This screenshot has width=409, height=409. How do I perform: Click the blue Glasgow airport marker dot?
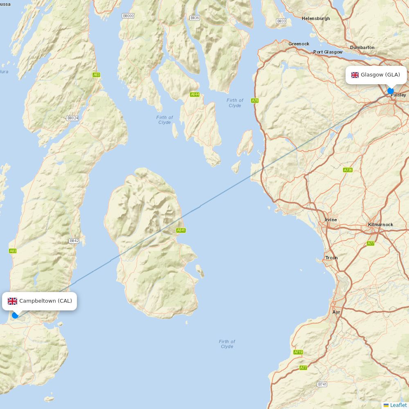pos(391,91)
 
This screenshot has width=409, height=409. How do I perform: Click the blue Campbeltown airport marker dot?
pos(15,315)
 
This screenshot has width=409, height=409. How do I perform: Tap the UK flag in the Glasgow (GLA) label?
pos(355,75)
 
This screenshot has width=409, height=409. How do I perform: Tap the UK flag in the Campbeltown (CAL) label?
pos(13,301)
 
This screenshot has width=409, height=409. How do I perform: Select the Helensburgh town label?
pos(316,18)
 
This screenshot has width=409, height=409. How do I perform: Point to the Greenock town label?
pos(299,44)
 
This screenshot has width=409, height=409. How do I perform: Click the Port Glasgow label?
pos(328,52)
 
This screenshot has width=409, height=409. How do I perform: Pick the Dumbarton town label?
pos(362,47)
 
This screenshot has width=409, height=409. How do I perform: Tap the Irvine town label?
pos(331,220)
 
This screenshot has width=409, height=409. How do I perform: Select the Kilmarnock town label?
pos(380,225)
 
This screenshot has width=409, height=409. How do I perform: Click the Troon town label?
pos(331,258)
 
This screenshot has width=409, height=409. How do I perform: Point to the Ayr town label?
pos(336,312)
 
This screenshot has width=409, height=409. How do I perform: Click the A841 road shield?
pos(181,230)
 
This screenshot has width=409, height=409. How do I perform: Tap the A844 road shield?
pos(195,94)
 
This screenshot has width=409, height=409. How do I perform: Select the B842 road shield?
pos(74,241)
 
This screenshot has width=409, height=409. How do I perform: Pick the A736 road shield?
pos(348,170)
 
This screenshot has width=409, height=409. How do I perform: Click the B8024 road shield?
pos(72,118)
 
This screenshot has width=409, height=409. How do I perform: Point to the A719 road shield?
pos(298,352)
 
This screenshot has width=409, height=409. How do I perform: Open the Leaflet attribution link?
pos(398,405)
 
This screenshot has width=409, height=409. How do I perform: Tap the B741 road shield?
pos(322,384)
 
